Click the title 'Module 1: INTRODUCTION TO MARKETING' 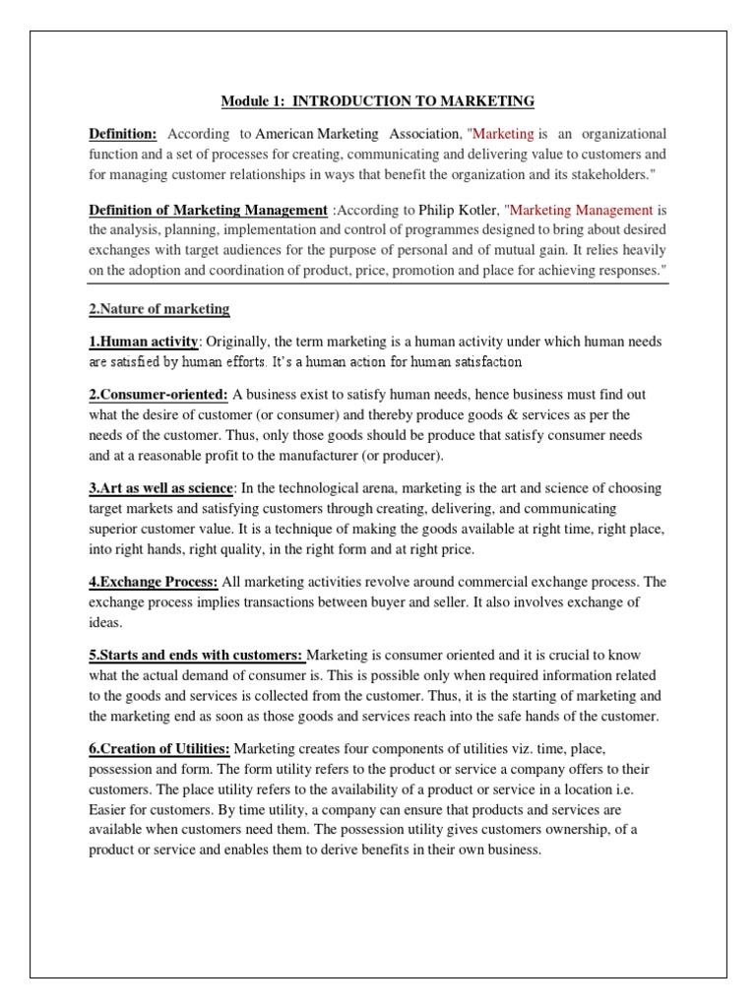pyautogui.click(x=378, y=101)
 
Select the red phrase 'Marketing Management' pyautogui.click(x=582, y=210)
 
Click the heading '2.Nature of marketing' pyautogui.click(x=159, y=309)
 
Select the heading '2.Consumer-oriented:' pyautogui.click(x=158, y=395)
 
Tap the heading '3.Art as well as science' pyautogui.click(x=161, y=489)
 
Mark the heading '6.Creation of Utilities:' pyautogui.click(x=160, y=749)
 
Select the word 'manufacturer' pyautogui.click(x=316, y=456)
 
